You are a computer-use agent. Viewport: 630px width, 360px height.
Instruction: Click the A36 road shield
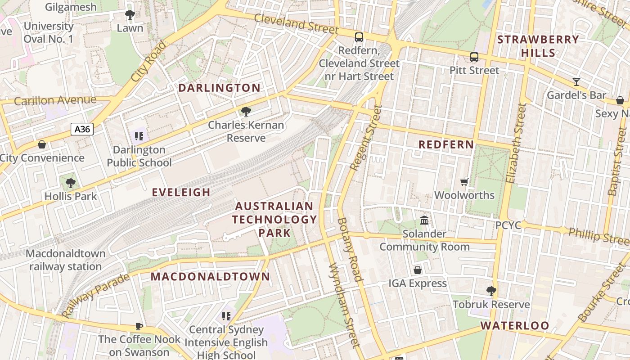(x=82, y=130)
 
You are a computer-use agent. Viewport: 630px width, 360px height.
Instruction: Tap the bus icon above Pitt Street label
(x=474, y=57)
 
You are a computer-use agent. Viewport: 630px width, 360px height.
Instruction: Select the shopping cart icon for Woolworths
(x=464, y=182)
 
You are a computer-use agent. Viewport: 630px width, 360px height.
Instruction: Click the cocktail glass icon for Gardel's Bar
(x=576, y=82)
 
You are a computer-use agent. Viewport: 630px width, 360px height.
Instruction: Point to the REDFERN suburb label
(x=446, y=144)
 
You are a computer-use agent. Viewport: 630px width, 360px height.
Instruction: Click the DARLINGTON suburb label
(x=220, y=88)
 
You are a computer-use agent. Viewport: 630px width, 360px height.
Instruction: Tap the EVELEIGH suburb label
(x=181, y=193)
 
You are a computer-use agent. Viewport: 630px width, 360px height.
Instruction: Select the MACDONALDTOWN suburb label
(x=210, y=276)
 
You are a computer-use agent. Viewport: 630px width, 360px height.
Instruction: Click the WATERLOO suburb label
(x=515, y=325)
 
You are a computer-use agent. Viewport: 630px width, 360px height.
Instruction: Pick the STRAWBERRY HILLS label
(x=538, y=46)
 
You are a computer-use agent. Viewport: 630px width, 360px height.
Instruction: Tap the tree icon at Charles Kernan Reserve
(x=246, y=112)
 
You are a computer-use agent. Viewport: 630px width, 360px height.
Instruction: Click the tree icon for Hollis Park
(x=70, y=183)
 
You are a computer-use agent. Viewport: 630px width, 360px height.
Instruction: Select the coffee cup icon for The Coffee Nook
(x=139, y=326)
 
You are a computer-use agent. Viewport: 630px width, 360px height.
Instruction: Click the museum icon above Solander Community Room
(x=424, y=220)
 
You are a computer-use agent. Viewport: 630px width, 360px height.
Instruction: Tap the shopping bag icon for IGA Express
(x=418, y=270)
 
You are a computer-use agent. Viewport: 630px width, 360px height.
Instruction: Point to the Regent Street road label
(x=366, y=138)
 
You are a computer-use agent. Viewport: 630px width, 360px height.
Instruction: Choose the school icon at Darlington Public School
(x=139, y=136)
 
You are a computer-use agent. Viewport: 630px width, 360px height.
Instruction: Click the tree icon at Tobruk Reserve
(x=491, y=291)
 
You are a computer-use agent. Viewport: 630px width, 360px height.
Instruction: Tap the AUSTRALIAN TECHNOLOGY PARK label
(x=274, y=220)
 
